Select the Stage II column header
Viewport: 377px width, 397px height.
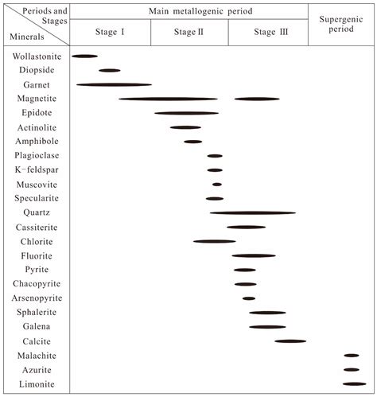click(188, 32)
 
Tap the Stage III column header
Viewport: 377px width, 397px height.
click(267, 32)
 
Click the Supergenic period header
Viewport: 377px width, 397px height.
click(341, 23)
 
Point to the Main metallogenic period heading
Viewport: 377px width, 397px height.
click(188, 11)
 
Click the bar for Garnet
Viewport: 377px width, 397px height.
click(114, 84)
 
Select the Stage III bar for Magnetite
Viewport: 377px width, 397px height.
click(257, 99)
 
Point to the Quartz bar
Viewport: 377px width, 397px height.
click(253, 212)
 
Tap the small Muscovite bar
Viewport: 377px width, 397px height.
click(217, 185)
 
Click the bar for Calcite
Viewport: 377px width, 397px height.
click(290, 341)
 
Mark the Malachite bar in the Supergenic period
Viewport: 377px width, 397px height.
click(352, 356)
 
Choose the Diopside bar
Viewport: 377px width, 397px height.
click(110, 71)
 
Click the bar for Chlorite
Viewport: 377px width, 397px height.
click(214, 241)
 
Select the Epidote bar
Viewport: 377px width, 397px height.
click(186, 113)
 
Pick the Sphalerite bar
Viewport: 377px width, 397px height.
click(267, 313)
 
